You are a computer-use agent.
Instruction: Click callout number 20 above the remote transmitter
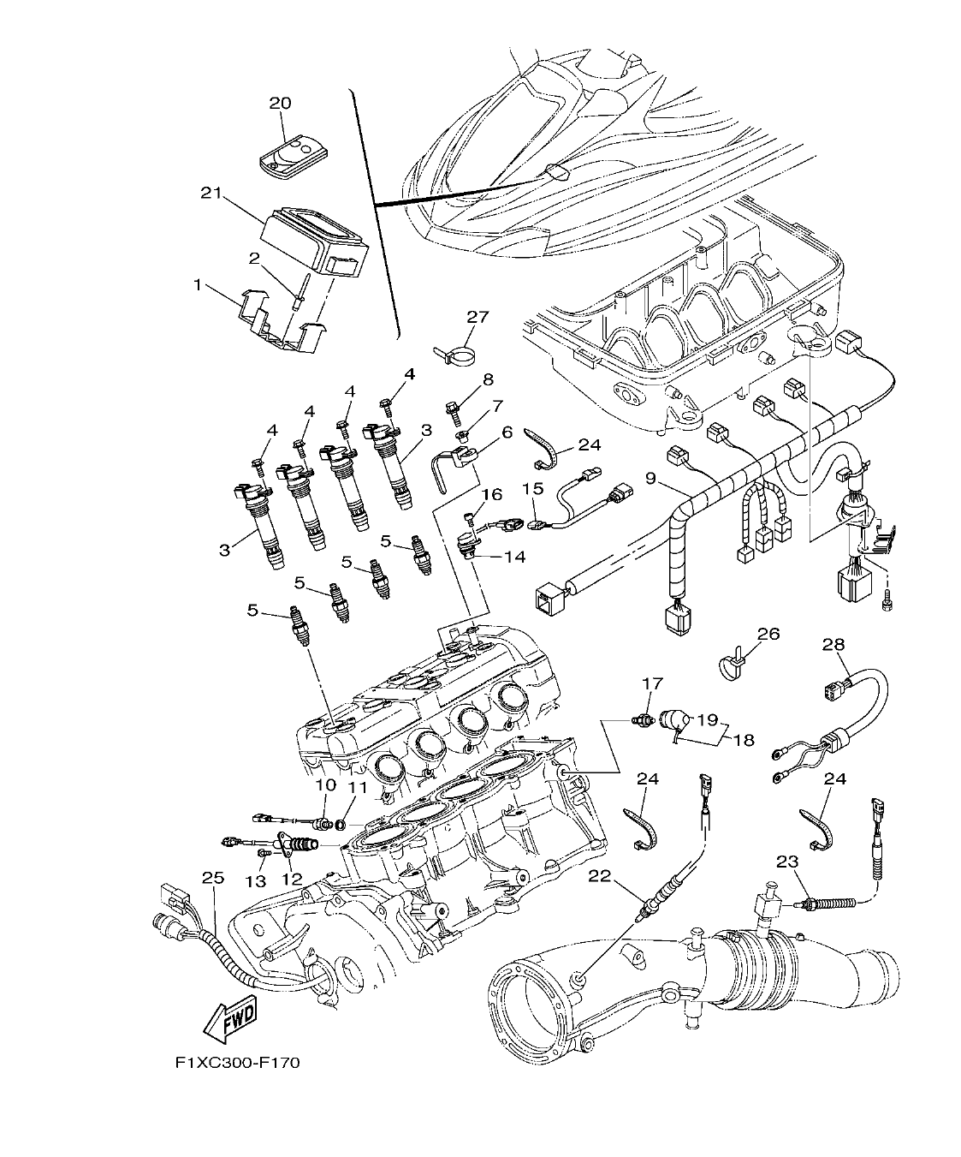(x=280, y=103)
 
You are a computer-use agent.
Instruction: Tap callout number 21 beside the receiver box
(x=211, y=194)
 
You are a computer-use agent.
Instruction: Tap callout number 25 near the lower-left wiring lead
(x=211, y=878)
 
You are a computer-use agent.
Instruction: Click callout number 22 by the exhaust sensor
(x=602, y=876)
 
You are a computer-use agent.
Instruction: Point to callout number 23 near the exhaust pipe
(x=788, y=861)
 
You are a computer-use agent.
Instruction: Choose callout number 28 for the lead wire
(x=833, y=643)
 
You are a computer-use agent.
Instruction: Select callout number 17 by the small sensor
(x=652, y=683)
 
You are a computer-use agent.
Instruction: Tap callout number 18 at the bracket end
(x=744, y=739)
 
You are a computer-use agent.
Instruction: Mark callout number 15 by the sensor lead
(x=533, y=489)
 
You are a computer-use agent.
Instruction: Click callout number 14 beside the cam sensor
(x=514, y=556)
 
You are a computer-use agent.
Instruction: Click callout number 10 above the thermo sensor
(x=326, y=784)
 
